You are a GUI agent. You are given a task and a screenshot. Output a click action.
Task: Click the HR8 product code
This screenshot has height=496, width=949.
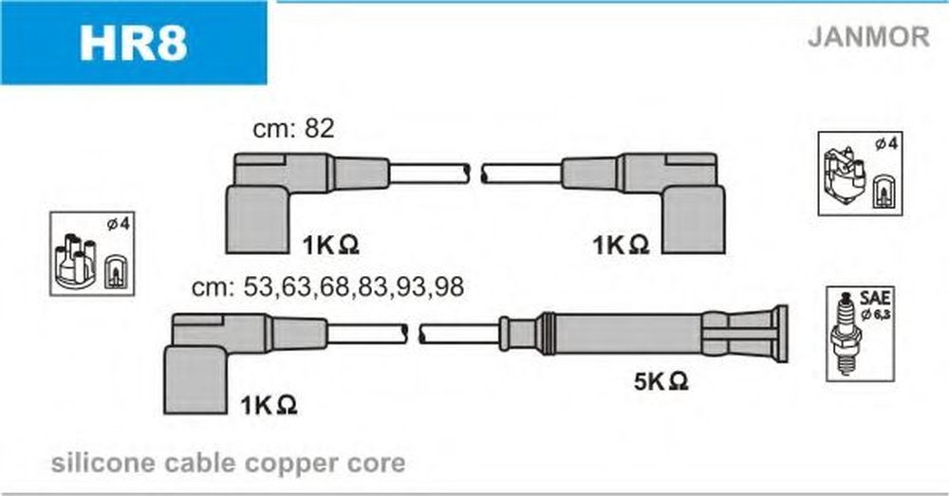133,43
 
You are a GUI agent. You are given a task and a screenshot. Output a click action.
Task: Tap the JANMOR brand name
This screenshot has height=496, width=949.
868,36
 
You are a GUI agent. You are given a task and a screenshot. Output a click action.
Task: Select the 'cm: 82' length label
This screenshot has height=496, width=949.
293,128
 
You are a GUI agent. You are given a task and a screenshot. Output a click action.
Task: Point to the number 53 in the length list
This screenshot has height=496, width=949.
258,286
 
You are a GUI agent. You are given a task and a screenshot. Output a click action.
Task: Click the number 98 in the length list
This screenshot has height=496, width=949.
449,286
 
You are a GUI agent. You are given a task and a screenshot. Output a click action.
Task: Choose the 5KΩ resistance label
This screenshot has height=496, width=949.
661,381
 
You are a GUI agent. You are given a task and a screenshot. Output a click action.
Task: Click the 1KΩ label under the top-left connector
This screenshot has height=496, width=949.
330,245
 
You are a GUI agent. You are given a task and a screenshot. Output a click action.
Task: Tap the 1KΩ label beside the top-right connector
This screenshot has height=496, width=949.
621,245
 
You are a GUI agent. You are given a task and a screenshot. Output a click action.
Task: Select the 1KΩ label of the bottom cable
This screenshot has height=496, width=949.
269,405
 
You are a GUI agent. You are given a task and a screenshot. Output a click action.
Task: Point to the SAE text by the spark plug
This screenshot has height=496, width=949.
875,298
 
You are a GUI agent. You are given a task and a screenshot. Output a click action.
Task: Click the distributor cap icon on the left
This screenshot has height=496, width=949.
75,262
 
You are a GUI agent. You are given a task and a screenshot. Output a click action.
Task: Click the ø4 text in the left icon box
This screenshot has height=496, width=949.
118,225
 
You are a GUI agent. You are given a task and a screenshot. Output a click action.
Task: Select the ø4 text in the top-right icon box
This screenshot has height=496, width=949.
886,144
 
